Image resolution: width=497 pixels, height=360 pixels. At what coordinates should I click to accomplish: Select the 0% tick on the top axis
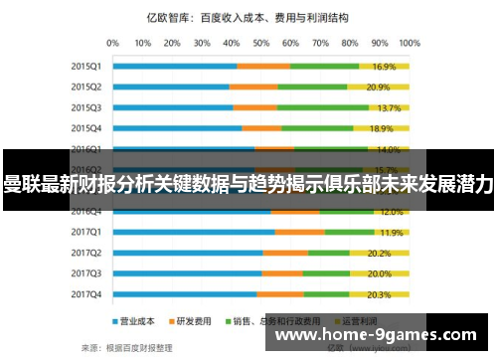(x=112, y=44)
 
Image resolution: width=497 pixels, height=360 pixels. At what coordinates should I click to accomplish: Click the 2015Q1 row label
(x=85, y=67)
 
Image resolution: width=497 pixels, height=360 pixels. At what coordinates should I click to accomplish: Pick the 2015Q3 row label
(x=85, y=107)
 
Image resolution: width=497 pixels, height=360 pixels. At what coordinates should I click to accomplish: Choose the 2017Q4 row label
(x=85, y=294)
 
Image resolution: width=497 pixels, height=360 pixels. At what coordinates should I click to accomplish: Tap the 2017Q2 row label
(x=85, y=253)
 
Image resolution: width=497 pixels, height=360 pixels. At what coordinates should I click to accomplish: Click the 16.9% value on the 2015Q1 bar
(x=384, y=67)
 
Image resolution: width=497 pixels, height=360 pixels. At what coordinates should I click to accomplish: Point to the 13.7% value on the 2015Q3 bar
(x=389, y=107)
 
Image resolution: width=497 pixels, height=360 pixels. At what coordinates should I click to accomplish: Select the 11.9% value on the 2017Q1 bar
(x=391, y=233)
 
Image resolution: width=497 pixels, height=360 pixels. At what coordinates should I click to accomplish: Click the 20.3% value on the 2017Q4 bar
(x=379, y=294)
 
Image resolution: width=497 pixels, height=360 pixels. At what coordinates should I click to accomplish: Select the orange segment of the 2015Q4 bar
(x=261, y=128)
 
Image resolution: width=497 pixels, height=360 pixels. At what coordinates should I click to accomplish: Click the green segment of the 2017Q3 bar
(x=326, y=273)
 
